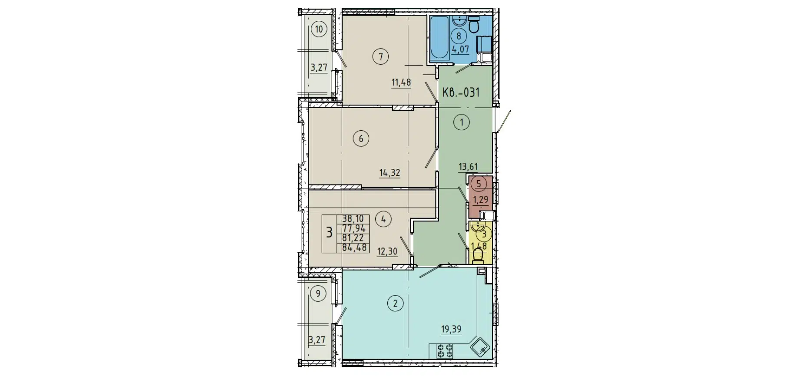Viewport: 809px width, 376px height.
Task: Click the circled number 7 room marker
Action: click(381, 56)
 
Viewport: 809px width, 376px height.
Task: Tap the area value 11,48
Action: click(401, 82)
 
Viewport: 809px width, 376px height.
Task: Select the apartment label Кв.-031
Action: click(461, 92)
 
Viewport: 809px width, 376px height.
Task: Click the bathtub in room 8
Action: click(439, 38)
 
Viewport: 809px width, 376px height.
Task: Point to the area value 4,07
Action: click(460, 49)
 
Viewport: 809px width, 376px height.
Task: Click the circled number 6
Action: click(361, 139)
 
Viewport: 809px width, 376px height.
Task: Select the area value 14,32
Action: click(390, 173)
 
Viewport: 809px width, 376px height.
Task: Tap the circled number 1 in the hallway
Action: click(462, 122)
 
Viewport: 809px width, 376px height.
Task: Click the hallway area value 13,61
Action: click(468, 167)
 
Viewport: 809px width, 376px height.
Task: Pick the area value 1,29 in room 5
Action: click(480, 200)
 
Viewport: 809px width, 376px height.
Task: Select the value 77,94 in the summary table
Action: click(354, 228)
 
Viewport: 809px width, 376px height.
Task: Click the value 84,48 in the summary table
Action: click(354, 247)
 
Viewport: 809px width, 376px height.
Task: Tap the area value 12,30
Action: click(387, 251)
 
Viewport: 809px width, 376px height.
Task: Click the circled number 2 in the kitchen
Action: click(395, 303)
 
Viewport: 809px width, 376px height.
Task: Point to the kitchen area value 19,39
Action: click(451, 329)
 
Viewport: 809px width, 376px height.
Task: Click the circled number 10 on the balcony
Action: click(319, 30)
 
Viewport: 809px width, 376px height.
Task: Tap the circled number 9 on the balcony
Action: click(318, 294)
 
